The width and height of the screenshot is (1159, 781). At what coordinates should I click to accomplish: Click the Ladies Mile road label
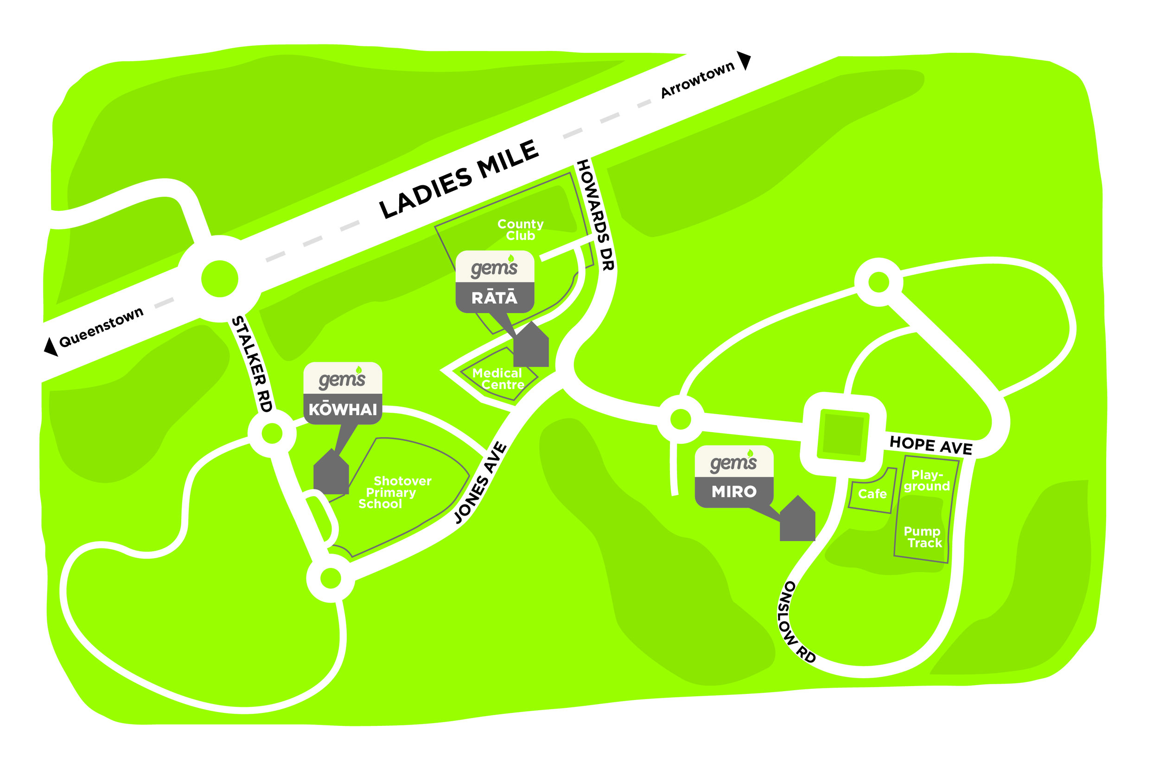pyautogui.click(x=459, y=179)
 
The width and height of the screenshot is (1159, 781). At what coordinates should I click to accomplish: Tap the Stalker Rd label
pyautogui.click(x=252, y=364)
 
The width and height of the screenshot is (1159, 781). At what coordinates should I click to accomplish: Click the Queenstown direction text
pyautogui.click(x=101, y=327)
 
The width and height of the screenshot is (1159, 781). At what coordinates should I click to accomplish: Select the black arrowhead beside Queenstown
pyautogui.click(x=51, y=346)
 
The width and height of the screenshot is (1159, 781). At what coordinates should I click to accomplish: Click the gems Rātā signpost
pyautogui.click(x=495, y=282)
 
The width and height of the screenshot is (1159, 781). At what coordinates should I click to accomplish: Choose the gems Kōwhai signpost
pyautogui.click(x=343, y=393)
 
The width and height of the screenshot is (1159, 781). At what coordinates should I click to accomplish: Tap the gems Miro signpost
pyautogui.click(x=734, y=477)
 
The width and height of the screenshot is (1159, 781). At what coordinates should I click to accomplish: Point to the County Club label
pyautogui.click(x=520, y=230)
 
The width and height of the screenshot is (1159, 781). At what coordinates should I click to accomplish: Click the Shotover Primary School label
pyautogui.click(x=394, y=492)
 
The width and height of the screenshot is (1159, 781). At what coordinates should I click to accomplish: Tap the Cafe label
pyautogui.click(x=872, y=494)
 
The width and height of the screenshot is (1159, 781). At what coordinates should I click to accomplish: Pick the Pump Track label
pyautogui.click(x=923, y=537)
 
